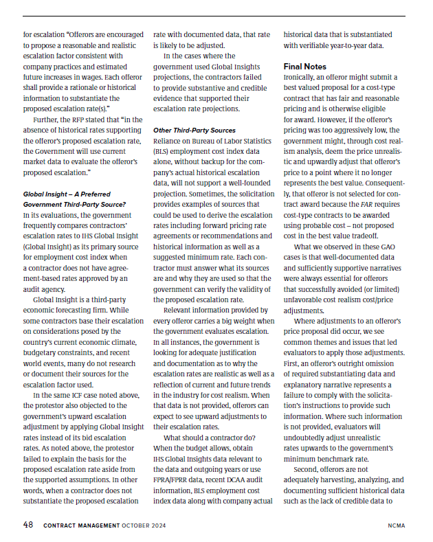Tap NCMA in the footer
[397, 526]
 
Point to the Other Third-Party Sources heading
[194, 130]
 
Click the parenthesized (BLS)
[162, 151]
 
